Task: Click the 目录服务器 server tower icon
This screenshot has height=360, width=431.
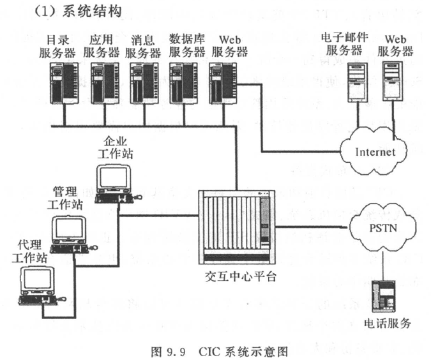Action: [x=65, y=84]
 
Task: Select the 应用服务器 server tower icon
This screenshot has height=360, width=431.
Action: [x=104, y=84]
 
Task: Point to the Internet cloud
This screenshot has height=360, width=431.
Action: [x=374, y=152]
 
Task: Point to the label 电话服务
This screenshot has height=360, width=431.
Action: [x=383, y=324]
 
